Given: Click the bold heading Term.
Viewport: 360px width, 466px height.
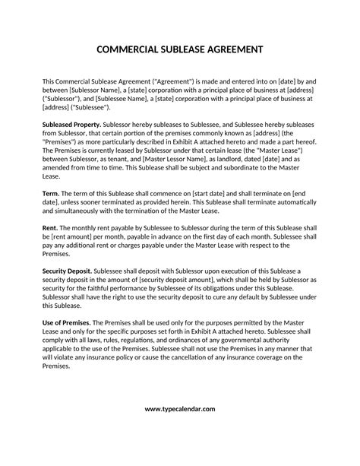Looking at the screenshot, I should tap(50, 194).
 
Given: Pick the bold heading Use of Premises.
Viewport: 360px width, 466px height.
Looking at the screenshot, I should tap(69, 322).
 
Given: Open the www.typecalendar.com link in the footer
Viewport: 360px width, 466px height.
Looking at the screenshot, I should tap(180, 409).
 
